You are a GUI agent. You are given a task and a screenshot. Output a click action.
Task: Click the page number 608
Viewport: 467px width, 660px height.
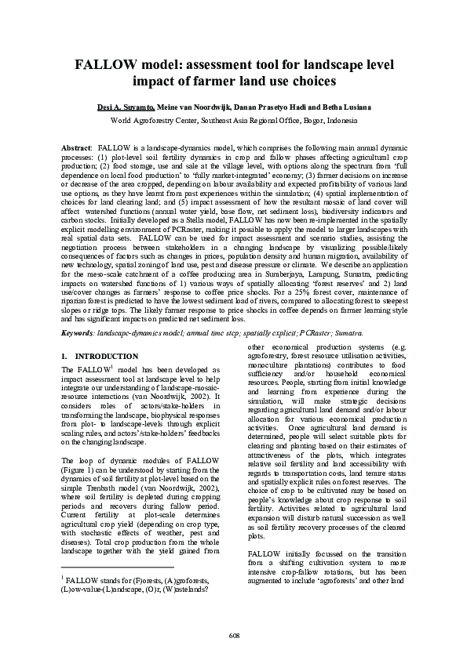point(234,634)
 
